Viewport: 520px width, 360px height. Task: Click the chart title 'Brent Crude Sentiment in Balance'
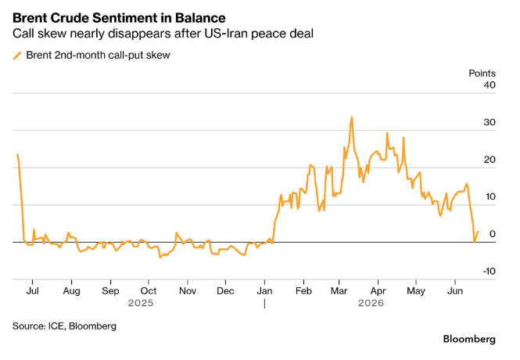(119, 18)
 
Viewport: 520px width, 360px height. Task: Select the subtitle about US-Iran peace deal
(163, 34)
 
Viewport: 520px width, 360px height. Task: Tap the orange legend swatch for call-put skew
(17, 56)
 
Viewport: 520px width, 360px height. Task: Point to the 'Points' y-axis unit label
(482, 74)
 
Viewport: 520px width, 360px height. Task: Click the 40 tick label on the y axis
(490, 85)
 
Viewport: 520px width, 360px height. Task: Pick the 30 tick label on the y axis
(490, 122)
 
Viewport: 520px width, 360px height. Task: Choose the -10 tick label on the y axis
(489, 272)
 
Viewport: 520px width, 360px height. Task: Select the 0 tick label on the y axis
(493, 234)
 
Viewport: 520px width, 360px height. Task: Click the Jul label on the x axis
(33, 291)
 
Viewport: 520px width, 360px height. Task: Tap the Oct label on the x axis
(149, 291)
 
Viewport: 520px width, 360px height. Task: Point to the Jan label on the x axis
(264, 291)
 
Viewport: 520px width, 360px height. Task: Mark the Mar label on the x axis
(339, 291)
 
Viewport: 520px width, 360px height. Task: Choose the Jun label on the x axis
(455, 291)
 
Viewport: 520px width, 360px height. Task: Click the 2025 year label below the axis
(141, 303)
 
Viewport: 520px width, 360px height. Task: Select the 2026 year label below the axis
(371, 303)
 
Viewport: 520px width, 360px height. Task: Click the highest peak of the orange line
(352, 117)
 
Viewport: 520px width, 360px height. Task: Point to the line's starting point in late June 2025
(17, 154)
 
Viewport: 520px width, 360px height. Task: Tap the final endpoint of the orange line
(478, 232)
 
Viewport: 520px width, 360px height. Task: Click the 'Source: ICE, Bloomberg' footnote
(64, 326)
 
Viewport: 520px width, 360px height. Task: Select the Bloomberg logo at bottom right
(469, 339)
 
